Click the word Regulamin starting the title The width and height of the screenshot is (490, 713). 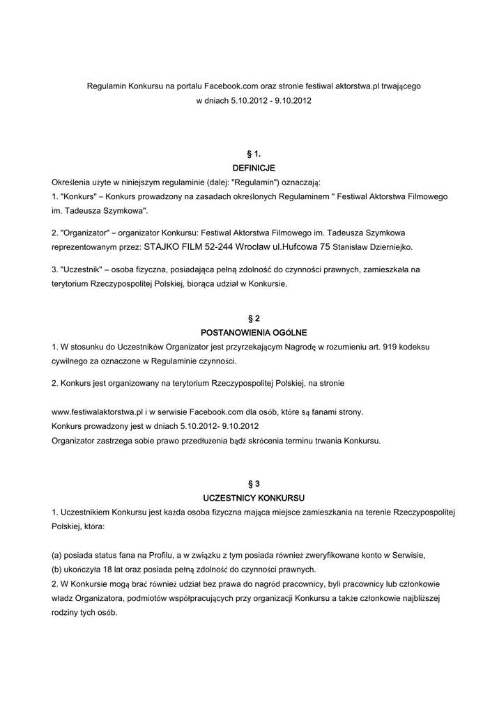(105, 86)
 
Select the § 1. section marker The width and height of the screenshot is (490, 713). (254, 153)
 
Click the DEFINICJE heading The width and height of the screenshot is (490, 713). (254, 168)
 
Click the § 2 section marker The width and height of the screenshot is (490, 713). (254, 318)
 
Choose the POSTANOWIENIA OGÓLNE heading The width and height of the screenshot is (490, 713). (254, 332)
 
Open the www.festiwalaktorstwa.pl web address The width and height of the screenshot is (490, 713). (98, 412)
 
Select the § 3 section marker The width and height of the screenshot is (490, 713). (254, 483)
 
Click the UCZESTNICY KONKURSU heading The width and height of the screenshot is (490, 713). (254, 499)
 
